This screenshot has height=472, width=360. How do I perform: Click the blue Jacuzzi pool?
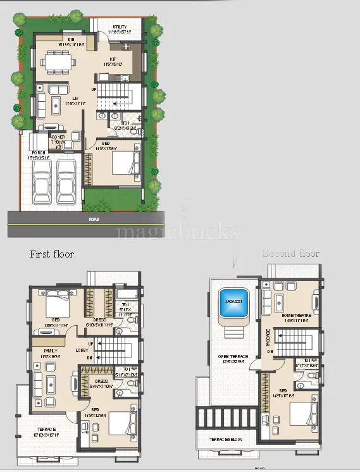click(x=232, y=302)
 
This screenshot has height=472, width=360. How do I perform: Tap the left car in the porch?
click(x=42, y=183)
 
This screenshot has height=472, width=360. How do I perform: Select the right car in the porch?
click(x=66, y=183)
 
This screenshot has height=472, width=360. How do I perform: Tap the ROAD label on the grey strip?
click(x=94, y=219)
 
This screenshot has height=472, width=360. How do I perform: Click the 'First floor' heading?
click(x=52, y=254)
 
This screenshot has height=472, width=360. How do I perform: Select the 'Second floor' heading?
click(x=291, y=254)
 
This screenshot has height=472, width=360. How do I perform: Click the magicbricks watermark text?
click(x=177, y=232)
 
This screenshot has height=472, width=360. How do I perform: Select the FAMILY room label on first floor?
click(x=51, y=350)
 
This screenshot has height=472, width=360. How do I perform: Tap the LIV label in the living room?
click(x=75, y=98)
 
